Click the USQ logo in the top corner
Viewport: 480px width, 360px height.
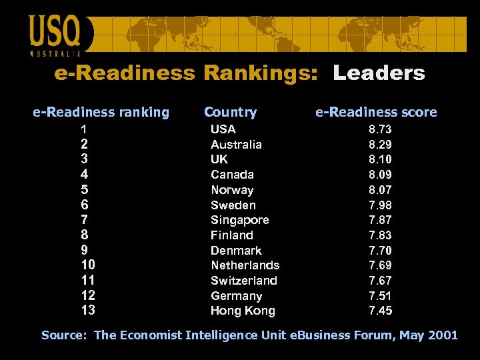[x=55, y=33]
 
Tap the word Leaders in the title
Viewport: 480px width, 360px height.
[x=379, y=73]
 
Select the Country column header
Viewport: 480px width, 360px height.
[x=230, y=112]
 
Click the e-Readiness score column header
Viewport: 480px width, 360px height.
[x=376, y=112]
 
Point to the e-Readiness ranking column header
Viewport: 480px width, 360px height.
[x=101, y=112]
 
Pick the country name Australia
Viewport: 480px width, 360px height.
[x=236, y=144]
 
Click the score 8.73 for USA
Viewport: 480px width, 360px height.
[x=380, y=129]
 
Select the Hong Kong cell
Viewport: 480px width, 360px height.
[x=243, y=311]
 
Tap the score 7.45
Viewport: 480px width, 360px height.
[x=380, y=311]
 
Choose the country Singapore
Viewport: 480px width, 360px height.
[x=240, y=220]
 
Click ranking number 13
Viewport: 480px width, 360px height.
[x=88, y=310]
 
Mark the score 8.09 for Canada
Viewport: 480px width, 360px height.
[x=380, y=175]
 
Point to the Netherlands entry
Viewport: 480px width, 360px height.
[x=245, y=265]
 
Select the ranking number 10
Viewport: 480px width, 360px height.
[x=88, y=265]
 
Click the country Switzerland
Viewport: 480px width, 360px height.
[x=244, y=281]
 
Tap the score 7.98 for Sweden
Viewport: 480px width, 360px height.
[x=380, y=205]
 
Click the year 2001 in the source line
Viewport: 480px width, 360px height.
[x=443, y=335]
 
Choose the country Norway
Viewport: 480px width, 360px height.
[x=232, y=190]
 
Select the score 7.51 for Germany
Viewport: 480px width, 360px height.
[x=380, y=295]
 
